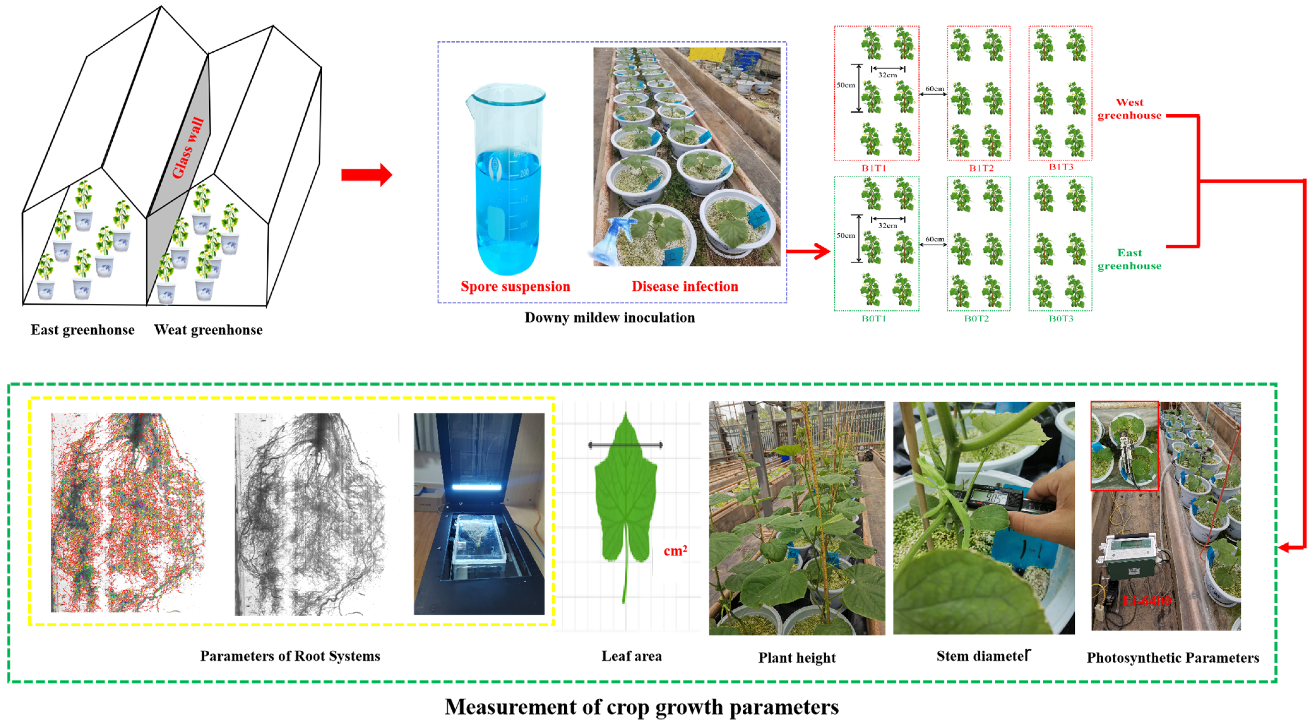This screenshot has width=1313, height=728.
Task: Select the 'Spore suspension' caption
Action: [515, 287]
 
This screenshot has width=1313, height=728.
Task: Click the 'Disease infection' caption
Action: [685, 287]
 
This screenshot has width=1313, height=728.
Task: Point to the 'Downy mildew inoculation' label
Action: [610, 318]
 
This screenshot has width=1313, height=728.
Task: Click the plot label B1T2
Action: [981, 168]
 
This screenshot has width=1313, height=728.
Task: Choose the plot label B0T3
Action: [1061, 319]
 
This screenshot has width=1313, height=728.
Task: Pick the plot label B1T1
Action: [874, 168]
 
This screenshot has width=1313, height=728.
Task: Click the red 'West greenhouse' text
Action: [1130, 109]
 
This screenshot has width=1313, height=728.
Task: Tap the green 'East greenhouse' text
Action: [1130, 259]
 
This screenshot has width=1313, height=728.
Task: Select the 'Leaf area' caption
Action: [632, 656]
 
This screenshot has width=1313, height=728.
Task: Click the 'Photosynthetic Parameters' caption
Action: [1173, 658]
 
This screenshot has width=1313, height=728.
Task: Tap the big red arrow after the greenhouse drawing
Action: [366, 175]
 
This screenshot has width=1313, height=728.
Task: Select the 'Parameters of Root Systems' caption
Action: [290, 656]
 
